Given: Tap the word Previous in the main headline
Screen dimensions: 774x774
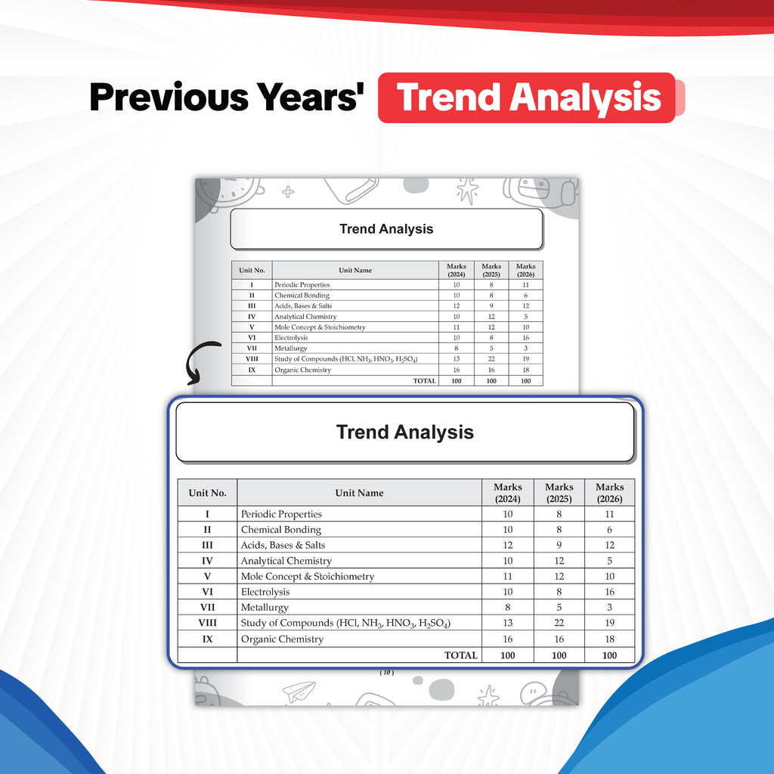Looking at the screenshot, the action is point(169,97).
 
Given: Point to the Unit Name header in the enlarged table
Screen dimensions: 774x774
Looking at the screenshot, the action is point(359,493).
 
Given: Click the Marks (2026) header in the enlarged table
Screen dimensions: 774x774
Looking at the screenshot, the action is point(610,493).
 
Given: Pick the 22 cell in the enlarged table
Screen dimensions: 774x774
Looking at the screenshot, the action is point(559,623).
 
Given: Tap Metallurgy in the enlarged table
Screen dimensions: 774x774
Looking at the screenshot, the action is point(265,608).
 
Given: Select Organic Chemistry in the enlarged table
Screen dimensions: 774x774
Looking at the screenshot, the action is point(283,639).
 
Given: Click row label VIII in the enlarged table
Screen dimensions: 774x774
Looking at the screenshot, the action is point(207,623).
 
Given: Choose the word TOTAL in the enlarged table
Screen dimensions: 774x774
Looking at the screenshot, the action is point(461,655).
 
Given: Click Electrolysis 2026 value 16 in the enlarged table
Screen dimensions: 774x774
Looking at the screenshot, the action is point(610,592).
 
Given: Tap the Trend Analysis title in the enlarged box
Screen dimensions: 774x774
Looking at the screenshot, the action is point(405,432).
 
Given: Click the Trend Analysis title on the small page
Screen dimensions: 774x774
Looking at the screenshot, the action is point(386,229).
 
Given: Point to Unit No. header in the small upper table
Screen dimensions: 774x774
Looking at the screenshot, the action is point(252,270).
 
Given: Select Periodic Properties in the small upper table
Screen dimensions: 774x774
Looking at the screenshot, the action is point(302,285).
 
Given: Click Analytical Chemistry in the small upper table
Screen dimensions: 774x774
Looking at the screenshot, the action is point(305,317).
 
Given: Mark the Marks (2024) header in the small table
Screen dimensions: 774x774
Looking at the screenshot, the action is point(456,270).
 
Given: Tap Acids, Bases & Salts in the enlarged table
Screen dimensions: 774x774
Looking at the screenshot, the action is point(283,545).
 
